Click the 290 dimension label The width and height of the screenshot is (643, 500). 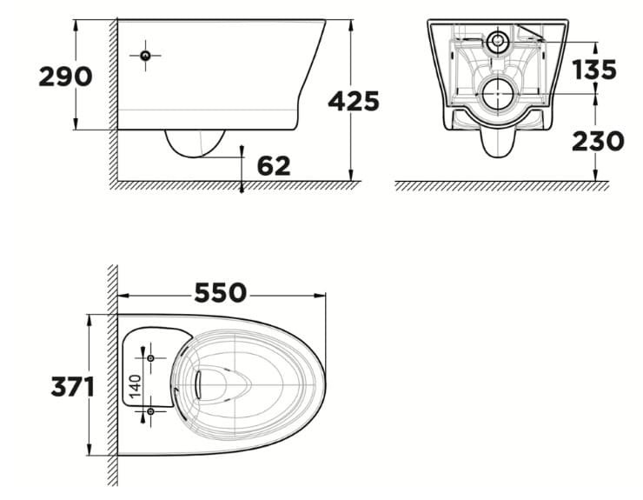click(65, 77)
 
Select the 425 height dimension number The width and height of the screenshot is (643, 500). click(354, 102)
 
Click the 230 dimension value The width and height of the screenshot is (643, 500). click(598, 141)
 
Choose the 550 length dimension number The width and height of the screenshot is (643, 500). click(221, 292)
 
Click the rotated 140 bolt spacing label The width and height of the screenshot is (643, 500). click(135, 383)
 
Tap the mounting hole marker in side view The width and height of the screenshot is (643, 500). click(145, 57)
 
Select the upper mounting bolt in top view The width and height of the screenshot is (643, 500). click(150, 358)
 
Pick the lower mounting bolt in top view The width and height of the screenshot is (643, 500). click(150, 410)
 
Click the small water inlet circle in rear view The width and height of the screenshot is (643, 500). click(498, 40)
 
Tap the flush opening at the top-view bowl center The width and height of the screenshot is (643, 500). click(209, 383)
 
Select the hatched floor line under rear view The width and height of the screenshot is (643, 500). click(495, 186)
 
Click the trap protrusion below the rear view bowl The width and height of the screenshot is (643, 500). click(496, 143)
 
